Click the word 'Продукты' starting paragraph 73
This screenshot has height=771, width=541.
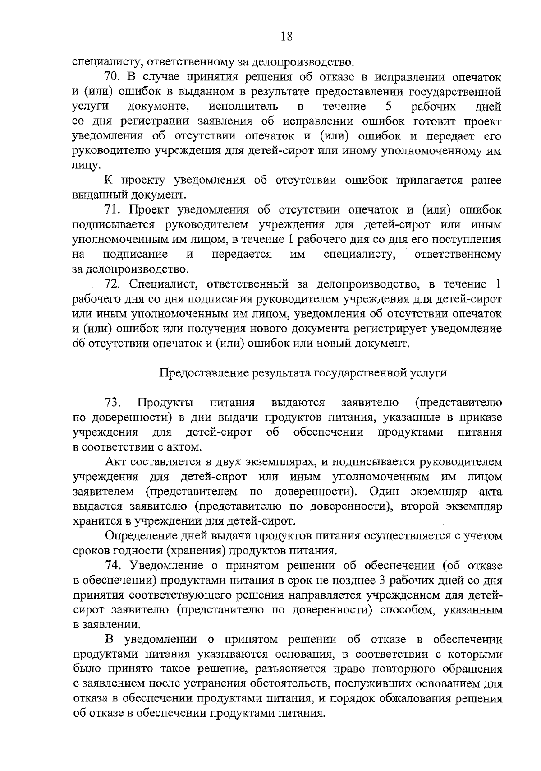click(x=166, y=402)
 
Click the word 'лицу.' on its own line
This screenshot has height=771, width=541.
click(x=86, y=166)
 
